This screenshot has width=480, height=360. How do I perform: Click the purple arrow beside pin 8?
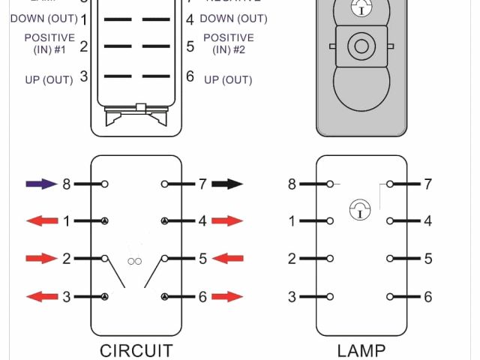pos(41,183)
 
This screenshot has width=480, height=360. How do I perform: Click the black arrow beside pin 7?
pos(227,183)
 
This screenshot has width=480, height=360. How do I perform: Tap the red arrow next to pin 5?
pos(227,259)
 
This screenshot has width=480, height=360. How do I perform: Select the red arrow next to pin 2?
pos(41,259)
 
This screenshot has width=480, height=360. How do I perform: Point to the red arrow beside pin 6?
pos(227,297)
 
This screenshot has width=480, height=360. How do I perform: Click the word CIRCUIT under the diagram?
pos(136,350)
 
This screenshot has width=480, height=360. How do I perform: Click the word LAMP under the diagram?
pos(361,350)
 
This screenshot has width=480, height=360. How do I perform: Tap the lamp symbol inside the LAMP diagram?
pos(361,211)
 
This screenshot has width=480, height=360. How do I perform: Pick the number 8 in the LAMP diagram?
pos(292,184)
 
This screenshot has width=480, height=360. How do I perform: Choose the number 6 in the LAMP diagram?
pos(427,297)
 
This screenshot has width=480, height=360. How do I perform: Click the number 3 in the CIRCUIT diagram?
pos(66,297)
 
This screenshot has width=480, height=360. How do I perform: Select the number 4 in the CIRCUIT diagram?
pos(202,221)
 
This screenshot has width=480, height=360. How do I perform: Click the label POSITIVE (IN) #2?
pos(229,43)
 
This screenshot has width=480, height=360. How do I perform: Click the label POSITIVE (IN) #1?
pos(49,43)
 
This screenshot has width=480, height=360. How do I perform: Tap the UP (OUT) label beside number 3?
pos(49,79)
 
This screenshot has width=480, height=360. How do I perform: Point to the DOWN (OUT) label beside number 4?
pos(233,18)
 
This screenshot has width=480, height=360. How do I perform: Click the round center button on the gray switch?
pos(361,46)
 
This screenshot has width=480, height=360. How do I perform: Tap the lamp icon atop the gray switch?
pos(361,9)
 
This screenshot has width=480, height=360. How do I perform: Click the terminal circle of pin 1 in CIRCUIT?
pos(105,221)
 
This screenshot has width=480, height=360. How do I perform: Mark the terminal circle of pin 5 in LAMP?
pos(390,259)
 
